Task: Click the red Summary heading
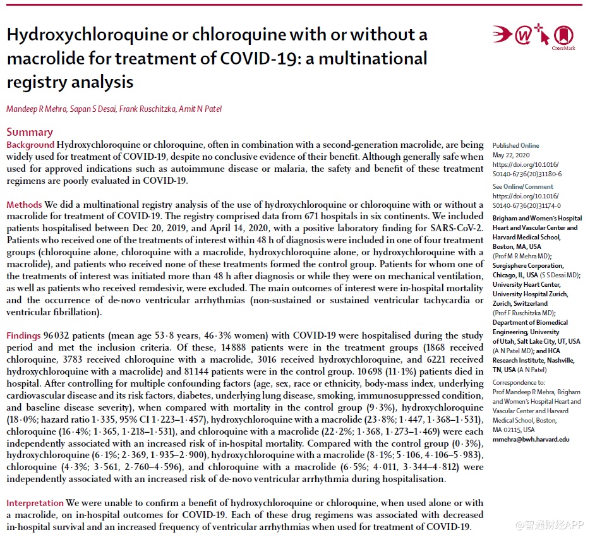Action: click(30, 132)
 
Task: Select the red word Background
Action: click(30, 145)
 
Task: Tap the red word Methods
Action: click(24, 205)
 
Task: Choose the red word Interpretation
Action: click(35, 503)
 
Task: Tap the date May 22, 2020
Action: click(511, 155)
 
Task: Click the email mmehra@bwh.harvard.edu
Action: click(531, 439)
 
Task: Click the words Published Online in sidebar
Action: click(515, 145)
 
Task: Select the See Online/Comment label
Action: click(522, 186)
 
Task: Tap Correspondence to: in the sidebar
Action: click(518, 382)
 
